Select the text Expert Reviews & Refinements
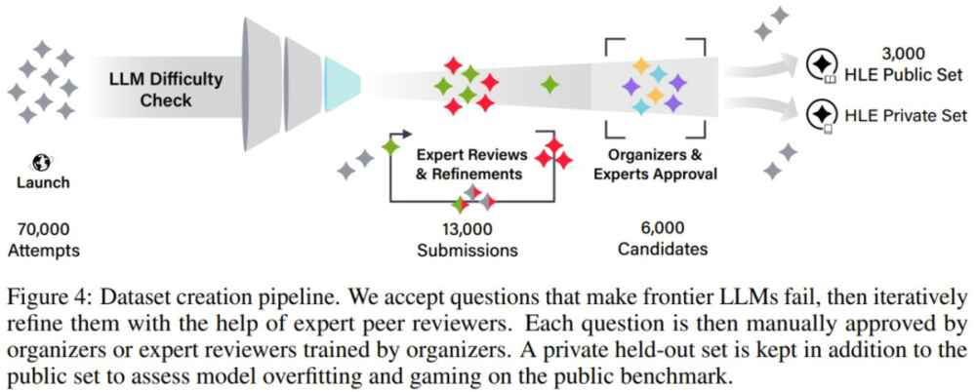[472, 164]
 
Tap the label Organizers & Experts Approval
[657, 164]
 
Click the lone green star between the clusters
[550, 84]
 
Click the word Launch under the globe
[43, 182]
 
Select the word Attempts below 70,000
[43, 251]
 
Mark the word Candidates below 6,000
[662, 249]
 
